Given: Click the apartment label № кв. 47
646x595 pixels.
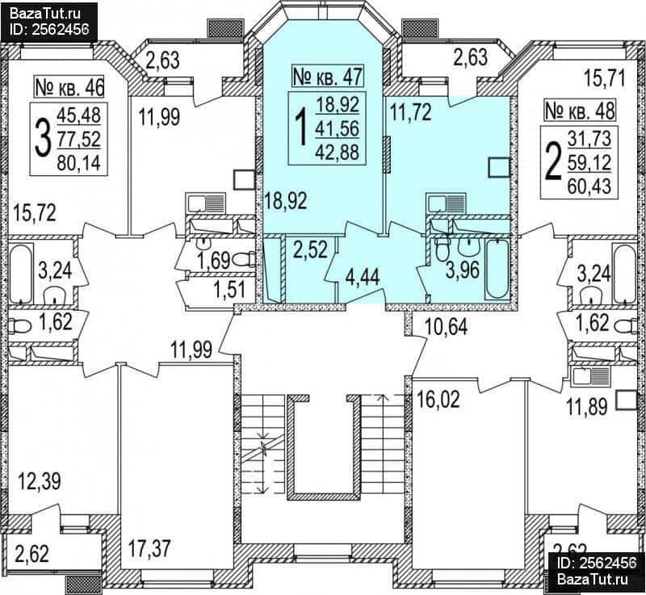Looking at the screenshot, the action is coord(328,76).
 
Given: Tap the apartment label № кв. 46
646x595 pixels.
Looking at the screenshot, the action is coord(69,87).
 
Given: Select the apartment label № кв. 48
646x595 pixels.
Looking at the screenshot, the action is coord(580,111).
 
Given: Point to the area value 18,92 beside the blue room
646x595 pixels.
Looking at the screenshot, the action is coord(286,201).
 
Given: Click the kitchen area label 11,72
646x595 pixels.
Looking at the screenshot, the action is coord(411,112).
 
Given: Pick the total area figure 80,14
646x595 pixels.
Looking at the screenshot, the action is coord(78,163).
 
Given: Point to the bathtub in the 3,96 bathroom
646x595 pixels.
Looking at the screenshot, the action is coord(498,270).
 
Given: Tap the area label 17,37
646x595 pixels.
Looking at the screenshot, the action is coord(149,549).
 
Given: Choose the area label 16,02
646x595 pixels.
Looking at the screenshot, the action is coord(438,400).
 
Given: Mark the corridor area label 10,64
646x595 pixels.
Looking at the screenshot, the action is coord(447,328).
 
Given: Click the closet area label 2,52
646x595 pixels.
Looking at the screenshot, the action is coord(311,249).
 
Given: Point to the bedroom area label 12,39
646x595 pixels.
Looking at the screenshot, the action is coord(40,481).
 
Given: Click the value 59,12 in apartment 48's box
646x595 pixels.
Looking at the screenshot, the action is coord(589,164).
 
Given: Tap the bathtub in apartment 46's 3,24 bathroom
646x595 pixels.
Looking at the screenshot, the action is coord(21,274).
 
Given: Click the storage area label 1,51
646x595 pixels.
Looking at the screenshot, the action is coord(229,290).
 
